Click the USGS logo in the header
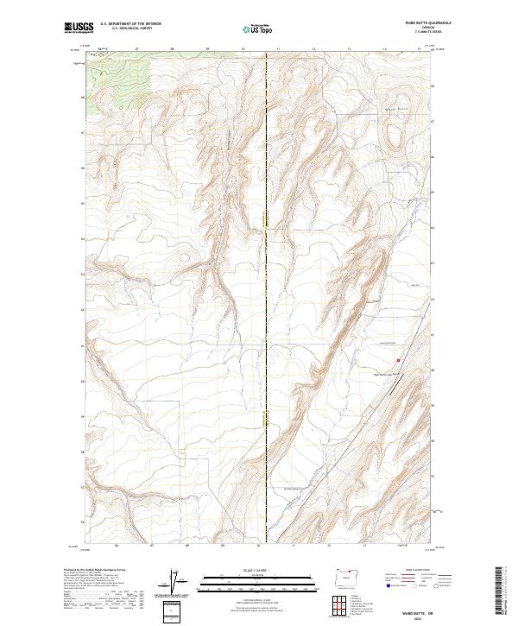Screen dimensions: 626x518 79,28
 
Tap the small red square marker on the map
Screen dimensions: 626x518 398,361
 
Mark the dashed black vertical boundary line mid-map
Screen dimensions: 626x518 267,302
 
